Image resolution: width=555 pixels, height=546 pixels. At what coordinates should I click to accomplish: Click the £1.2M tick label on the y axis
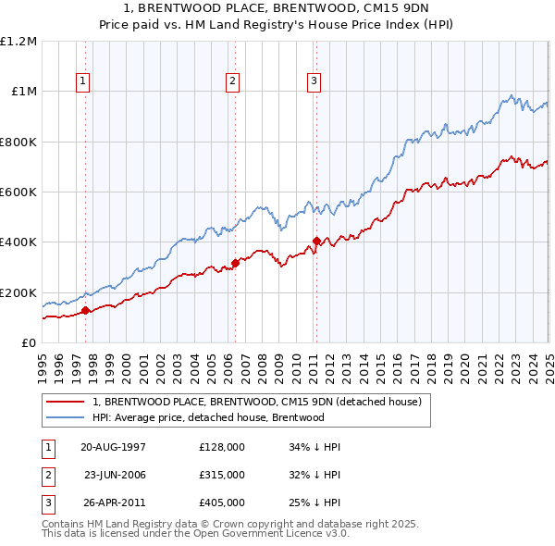18,42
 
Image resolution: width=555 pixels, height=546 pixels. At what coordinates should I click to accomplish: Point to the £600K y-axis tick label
18,192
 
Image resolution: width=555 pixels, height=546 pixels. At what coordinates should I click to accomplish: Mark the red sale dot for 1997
85,311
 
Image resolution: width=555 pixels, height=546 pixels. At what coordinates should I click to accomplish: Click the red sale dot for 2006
235,264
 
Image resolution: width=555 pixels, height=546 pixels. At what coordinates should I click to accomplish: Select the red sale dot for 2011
316,242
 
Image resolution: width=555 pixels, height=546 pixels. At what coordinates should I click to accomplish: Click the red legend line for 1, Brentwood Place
65,402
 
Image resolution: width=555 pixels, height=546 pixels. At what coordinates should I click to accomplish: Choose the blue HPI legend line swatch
65,417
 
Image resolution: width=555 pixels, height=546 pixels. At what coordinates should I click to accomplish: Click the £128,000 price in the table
221,447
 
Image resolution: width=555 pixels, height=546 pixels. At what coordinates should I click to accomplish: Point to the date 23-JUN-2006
116,475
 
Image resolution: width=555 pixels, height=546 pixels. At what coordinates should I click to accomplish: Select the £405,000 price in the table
221,503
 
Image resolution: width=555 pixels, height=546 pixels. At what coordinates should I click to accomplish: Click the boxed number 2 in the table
46,475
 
